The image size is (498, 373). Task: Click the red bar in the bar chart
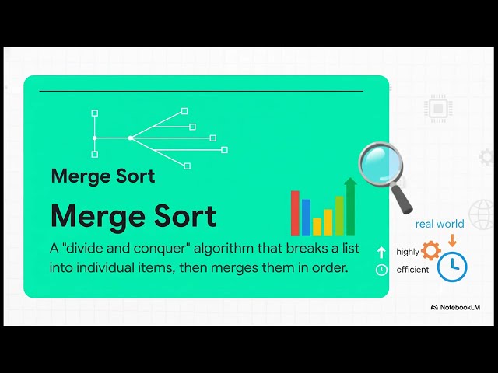point(295,213)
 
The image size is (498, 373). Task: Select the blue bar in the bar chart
point(306,218)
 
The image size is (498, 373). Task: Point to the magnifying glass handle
point(405,200)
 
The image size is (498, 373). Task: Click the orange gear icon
point(430,251)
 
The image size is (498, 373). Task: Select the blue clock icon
point(452,267)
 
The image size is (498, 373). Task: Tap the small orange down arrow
point(451,240)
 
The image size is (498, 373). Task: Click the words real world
point(439,224)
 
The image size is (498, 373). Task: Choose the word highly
point(407,252)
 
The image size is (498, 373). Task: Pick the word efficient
point(412,270)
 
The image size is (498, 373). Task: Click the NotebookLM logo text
point(460,307)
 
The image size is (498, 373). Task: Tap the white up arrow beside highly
point(381,252)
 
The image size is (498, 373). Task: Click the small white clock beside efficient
point(381,270)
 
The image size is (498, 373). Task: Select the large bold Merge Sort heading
point(133,216)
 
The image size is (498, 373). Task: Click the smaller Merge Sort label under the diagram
point(103,176)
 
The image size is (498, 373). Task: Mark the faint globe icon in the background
point(483,210)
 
